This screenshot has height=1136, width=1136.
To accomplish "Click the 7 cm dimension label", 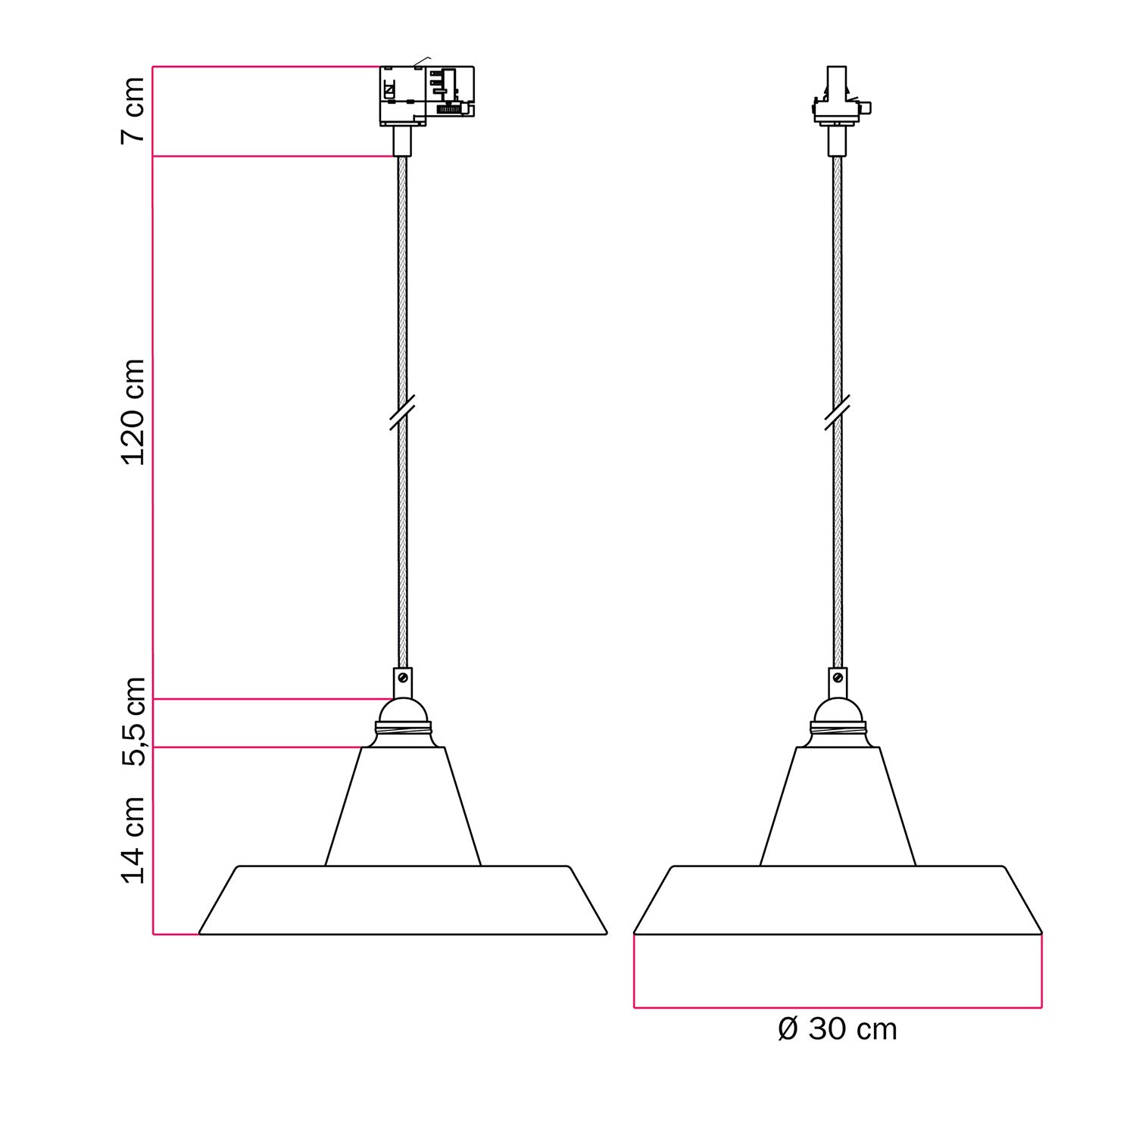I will tap(133, 110).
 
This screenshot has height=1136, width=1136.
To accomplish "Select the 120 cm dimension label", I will tap(133, 413).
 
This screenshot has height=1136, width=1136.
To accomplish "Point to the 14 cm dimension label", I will tap(133, 839).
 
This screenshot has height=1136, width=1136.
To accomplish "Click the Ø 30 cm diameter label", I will tap(837, 1029).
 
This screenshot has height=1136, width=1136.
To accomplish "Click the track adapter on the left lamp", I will tap(426, 95).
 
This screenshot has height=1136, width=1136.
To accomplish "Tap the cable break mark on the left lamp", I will tap(402, 413).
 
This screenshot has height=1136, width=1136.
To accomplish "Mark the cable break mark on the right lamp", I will tap(837, 413).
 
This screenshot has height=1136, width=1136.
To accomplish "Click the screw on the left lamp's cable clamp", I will tap(404, 676).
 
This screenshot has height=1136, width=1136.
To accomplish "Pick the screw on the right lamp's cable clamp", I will tap(839, 676).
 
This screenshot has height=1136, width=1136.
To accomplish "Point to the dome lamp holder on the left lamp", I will tap(402, 710).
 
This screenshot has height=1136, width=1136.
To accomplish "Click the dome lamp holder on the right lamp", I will tap(838, 710).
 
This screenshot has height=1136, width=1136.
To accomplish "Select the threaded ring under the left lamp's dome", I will tap(402, 730).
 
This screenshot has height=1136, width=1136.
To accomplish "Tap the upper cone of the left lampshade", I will tap(402, 807).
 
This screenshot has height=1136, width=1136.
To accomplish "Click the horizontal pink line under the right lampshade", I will tap(838, 1007).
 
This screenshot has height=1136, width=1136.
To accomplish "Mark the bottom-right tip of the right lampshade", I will tap(1041, 932).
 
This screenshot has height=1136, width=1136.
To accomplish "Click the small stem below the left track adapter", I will tap(402, 141).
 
